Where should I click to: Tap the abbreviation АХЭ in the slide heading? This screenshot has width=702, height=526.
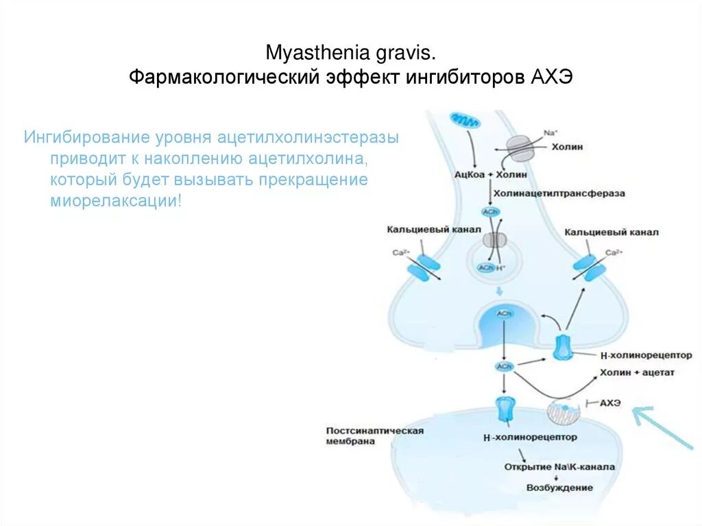coord(552,77)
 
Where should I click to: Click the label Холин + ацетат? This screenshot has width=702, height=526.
coord(637,372)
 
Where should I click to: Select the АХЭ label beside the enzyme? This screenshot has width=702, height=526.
coord(609,403)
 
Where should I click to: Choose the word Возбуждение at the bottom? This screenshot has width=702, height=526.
coord(559,488)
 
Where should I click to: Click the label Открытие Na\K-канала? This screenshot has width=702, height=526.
coord(559,467)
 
